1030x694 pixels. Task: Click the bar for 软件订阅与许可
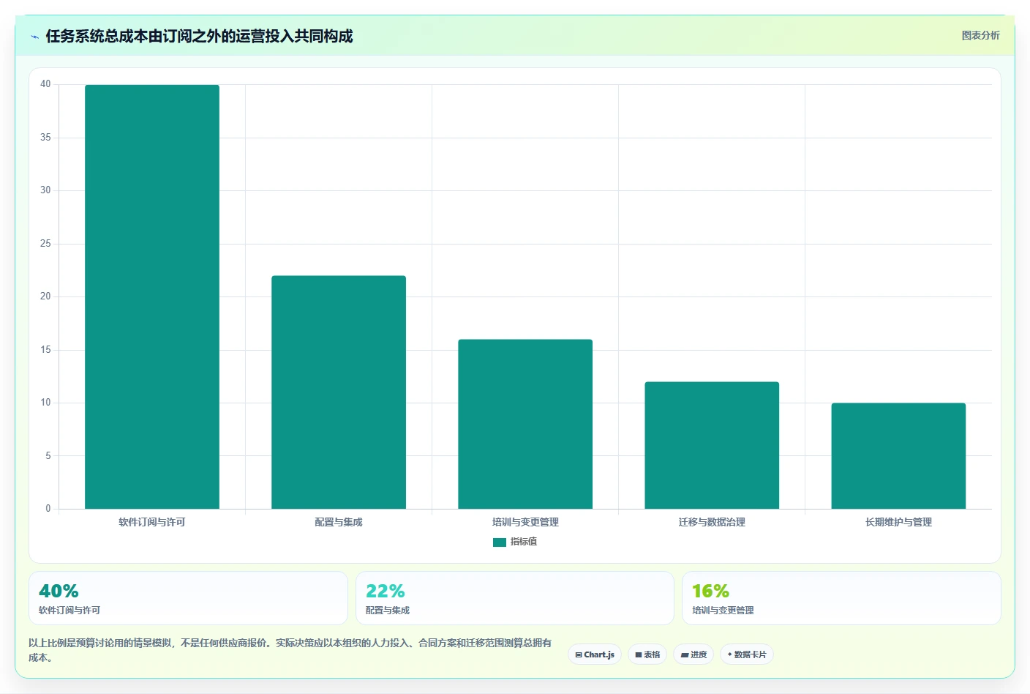point(151,296)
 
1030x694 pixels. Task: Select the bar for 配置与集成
point(339,392)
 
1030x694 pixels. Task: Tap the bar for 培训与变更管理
point(525,424)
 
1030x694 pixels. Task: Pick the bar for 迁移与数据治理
point(712,445)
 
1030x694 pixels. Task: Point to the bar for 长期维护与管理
point(898,455)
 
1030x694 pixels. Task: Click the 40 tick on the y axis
point(45,83)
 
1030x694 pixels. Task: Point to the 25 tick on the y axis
point(45,243)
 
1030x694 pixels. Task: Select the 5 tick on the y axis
point(48,455)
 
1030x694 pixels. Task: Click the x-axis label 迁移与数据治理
point(712,522)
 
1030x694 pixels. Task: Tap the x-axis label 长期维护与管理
point(898,522)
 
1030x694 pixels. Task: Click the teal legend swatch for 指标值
point(500,542)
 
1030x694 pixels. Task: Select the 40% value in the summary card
point(59,591)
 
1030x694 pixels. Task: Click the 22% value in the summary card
point(386,591)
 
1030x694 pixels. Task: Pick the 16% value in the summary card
point(711,591)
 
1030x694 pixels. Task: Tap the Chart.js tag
point(595,654)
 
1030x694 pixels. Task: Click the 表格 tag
point(647,654)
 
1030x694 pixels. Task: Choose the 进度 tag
point(693,654)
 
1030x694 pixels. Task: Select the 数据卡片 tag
point(747,654)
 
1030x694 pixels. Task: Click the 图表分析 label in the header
point(981,35)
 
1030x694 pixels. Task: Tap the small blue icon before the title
point(35,37)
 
